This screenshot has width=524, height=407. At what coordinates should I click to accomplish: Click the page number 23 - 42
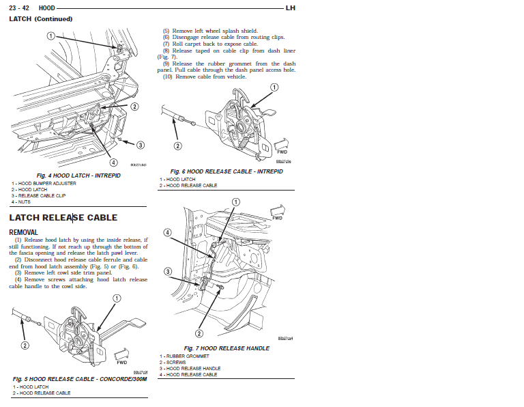tap(19, 8)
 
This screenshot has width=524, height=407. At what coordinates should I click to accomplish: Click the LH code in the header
tap(290, 8)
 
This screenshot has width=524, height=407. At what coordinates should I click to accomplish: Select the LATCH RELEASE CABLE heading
tap(63, 218)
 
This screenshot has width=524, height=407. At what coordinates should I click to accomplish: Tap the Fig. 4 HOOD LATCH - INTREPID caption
tap(78, 176)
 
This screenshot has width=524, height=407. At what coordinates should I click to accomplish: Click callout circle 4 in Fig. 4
tap(114, 163)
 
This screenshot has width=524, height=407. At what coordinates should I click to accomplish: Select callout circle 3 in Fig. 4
tap(140, 145)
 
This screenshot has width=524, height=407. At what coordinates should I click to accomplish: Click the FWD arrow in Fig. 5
tap(123, 354)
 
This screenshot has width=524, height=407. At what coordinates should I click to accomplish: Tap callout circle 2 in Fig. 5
tap(25, 345)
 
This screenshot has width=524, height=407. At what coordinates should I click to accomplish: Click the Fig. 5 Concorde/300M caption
tap(80, 378)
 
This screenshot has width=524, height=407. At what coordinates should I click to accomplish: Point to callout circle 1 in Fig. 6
tap(274, 87)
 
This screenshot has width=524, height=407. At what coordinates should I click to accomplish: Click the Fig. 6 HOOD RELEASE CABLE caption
tap(226, 171)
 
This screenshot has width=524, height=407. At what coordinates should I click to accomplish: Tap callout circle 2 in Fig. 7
tap(199, 333)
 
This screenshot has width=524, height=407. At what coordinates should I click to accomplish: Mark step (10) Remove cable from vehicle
tap(204, 76)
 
